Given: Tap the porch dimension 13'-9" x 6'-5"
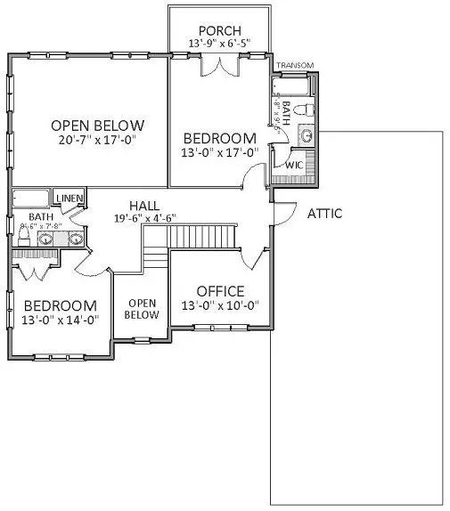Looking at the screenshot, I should point(220,43).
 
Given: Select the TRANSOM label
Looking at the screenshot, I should point(294,66).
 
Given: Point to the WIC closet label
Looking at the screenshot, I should point(295,166).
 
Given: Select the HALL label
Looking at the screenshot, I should point(143,205).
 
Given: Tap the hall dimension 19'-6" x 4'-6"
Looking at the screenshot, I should point(143,218).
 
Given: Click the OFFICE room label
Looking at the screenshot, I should point(220,291).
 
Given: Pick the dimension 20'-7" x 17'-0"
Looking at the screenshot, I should point(97,140).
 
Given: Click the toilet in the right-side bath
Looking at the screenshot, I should point(302,109).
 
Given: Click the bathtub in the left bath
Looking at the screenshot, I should point(31,198).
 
